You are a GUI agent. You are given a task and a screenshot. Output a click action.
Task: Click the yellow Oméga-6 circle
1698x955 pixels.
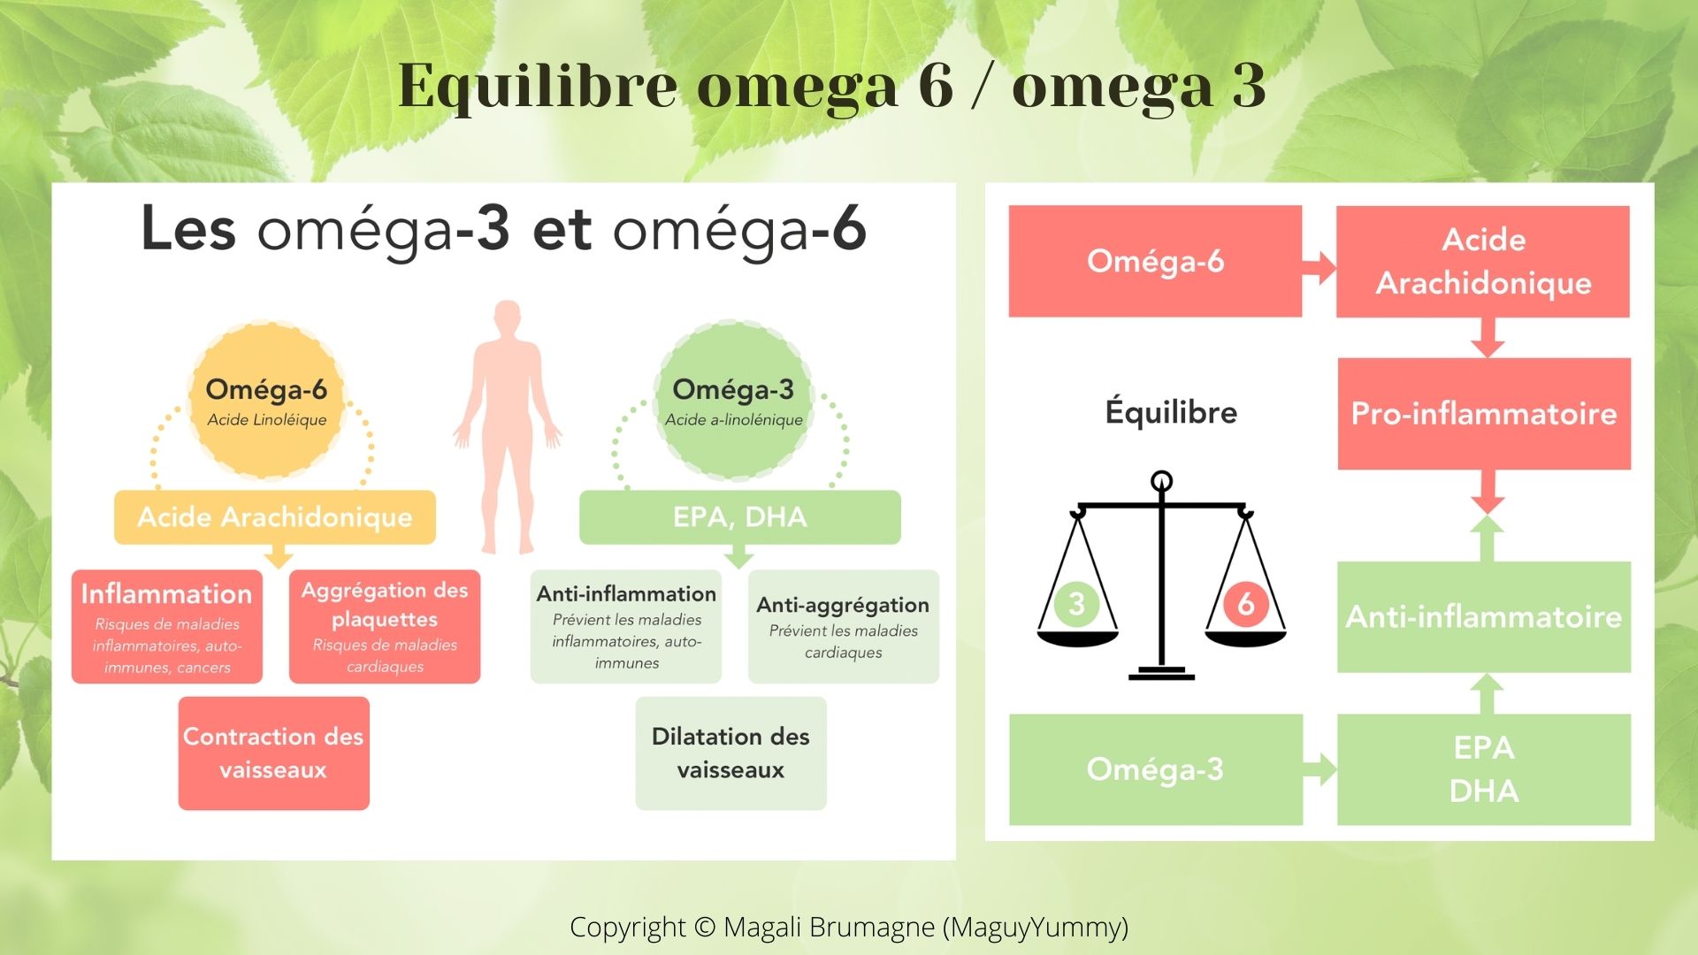click(x=266, y=401)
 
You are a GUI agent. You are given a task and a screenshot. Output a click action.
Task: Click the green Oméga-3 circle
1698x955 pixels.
click(x=733, y=401)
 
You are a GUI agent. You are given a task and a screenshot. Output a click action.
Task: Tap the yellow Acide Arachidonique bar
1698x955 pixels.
click(x=275, y=517)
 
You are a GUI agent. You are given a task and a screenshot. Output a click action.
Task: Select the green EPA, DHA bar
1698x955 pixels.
click(x=740, y=517)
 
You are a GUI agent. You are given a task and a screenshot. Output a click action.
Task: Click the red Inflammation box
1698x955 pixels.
click(x=167, y=627)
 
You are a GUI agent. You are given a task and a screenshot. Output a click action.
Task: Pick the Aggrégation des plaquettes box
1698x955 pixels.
click(x=385, y=627)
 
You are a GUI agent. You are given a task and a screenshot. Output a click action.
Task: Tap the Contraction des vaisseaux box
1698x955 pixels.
click(x=274, y=753)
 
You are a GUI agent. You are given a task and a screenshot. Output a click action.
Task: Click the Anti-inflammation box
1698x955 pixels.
click(x=626, y=627)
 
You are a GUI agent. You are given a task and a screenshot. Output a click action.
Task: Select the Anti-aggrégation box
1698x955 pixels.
click(x=844, y=627)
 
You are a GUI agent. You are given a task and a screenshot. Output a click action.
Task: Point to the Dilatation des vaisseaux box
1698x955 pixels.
click(x=731, y=753)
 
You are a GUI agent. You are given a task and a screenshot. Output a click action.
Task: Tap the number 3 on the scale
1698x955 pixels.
click(x=1076, y=603)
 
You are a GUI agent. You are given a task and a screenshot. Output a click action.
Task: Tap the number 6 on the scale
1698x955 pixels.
click(x=1245, y=603)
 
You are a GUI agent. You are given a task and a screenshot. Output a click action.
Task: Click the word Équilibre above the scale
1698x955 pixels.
click(x=1171, y=412)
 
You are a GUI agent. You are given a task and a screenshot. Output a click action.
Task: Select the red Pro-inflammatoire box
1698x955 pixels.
click(x=1484, y=414)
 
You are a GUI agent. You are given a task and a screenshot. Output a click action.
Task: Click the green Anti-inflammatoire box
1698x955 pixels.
click(x=1484, y=617)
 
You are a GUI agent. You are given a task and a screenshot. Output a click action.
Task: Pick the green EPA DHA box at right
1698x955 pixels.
click(x=1484, y=769)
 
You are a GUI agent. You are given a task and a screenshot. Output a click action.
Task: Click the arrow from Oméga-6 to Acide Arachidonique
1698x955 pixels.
click(x=1319, y=266)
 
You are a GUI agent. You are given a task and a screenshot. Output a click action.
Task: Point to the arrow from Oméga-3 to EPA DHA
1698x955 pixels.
click(x=1319, y=769)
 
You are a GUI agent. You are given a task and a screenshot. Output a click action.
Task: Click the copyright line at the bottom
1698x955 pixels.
click(x=849, y=927)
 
